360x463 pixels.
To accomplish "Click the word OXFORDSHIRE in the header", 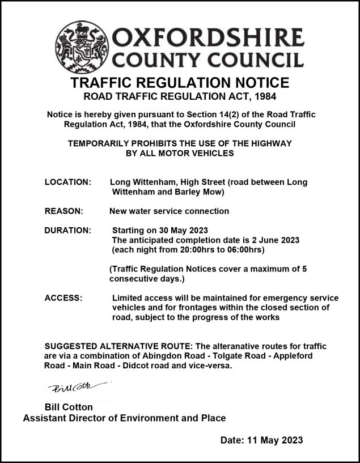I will point(209,39).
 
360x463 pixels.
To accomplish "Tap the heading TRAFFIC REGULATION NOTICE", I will point(180,83).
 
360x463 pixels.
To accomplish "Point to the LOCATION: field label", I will point(67,182).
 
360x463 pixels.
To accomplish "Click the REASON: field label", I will point(63,211).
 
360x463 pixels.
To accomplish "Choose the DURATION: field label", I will point(67,231).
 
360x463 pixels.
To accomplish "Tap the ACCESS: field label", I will point(63,298).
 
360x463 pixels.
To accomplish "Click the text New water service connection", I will point(169,211).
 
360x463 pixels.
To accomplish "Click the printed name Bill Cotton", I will point(69,407).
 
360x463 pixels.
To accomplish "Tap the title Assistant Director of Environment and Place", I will point(124,418).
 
